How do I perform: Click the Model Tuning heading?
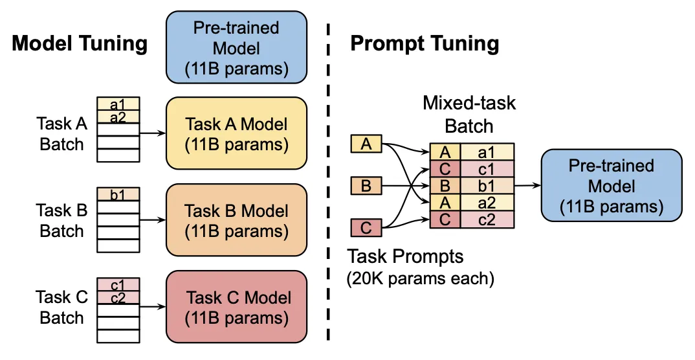[x=80, y=43]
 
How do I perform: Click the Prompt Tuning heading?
[x=425, y=43]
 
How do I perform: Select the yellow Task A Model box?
[x=237, y=134]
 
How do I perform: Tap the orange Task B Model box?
[x=237, y=221]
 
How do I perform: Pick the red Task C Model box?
[x=237, y=308]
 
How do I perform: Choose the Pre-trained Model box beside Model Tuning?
[x=237, y=48]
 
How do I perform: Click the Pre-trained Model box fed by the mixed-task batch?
[x=611, y=186]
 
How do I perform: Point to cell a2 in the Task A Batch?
[x=118, y=117]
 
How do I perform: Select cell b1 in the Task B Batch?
[x=118, y=194]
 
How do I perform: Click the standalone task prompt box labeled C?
[x=366, y=228]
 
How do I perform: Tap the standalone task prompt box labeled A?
[x=366, y=144]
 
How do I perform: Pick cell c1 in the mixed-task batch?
[x=487, y=169]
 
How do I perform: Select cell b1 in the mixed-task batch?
[x=487, y=186]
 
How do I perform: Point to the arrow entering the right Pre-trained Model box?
[x=527, y=186]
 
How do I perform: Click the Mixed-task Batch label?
[x=469, y=113]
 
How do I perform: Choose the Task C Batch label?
[x=61, y=308]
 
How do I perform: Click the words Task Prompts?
[x=406, y=256]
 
